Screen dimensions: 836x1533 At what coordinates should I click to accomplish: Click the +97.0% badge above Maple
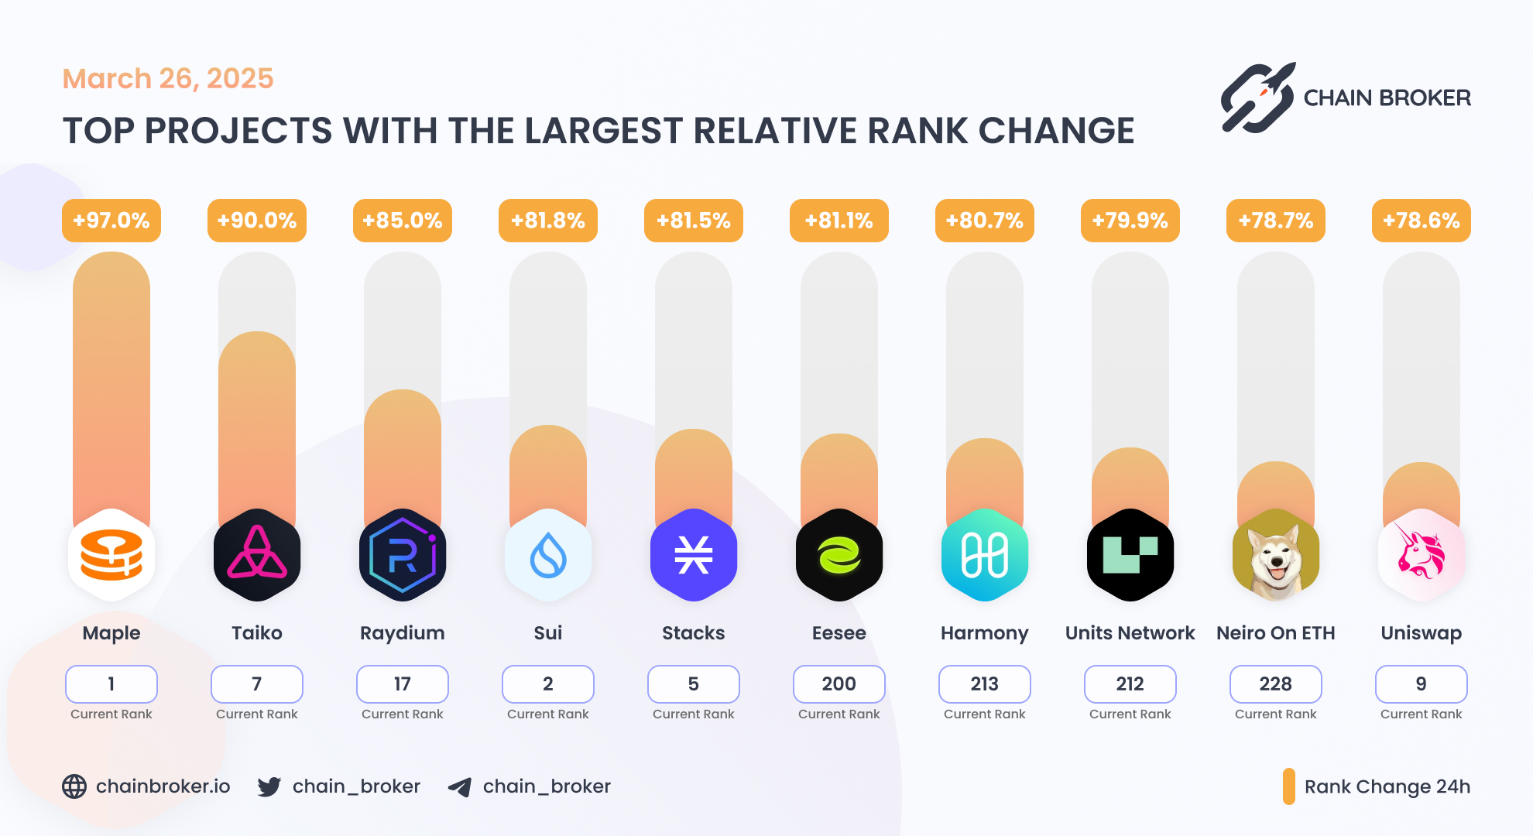pyautogui.click(x=111, y=221)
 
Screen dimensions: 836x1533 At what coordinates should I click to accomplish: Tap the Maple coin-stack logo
pyautogui.click(x=111, y=555)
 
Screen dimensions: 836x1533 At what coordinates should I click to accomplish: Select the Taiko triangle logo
pyautogui.click(x=257, y=555)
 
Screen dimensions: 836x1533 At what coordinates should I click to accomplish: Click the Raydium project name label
pyautogui.click(x=403, y=633)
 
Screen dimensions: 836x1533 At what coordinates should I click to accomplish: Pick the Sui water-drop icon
pyautogui.click(x=548, y=555)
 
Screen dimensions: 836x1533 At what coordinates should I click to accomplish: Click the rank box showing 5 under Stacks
pyautogui.click(x=694, y=684)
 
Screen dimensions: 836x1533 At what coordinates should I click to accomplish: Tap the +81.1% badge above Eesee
pyautogui.click(x=839, y=221)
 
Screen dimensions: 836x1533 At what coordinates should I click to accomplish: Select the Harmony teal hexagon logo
pyautogui.click(x=985, y=555)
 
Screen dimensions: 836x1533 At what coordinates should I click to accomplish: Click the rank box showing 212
pyautogui.click(x=1130, y=684)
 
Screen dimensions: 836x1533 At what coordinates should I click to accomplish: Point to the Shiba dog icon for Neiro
pyautogui.click(x=1276, y=555)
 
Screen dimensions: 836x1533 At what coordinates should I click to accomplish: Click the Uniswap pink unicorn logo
pyautogui.click(x=1422, y=555)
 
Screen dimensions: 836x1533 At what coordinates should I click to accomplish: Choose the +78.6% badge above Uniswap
pyautogui.click(x=1422, y=221)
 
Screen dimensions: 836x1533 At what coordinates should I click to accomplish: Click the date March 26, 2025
pyautogui.click(x=168, y=79)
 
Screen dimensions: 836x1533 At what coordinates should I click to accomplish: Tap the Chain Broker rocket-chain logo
pyautogui.click(x=1257, y=98)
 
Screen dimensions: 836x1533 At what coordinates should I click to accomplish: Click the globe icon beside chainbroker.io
pyautogui.click(x=74, y=786)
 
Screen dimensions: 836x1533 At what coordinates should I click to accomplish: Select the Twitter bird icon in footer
pyautogui.click(x=269, y=786)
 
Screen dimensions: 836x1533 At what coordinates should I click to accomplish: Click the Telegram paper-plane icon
pyautogui.click(x=460, y=787)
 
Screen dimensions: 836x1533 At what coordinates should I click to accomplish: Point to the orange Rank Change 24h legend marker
pyautogui.click(x=1289, y=786)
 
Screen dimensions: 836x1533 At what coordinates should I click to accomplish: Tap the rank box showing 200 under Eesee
pyautogui.click(x=839, y=684)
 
